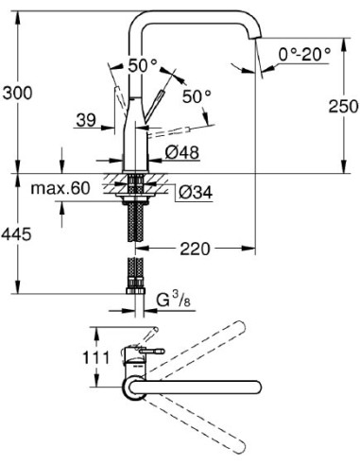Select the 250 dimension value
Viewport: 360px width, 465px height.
pyautogui.click(x=342, y=109)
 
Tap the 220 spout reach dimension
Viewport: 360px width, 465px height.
pyautogui.click(x=195, y=250)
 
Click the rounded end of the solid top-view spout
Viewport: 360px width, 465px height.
pyautogui.click(x=259, y=385)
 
